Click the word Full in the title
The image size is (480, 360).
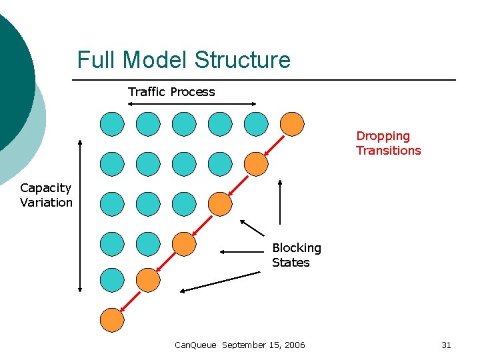(97, 60)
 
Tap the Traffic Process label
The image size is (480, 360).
(171, 92)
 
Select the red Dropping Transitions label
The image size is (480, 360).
(388, 143)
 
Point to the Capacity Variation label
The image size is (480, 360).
(46, 195)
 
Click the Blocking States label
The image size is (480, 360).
(296, 255)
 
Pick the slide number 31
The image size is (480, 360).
(446, 345)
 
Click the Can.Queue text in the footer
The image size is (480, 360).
(195, 345)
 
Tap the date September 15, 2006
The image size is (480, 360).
(263, 345)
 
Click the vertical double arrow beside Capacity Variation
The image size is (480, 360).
(80, 215)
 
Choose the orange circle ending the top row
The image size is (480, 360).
(292, 124)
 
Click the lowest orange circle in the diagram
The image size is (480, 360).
(112, 320)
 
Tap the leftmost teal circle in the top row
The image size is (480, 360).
(112, 124)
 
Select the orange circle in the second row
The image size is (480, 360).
(256, 163)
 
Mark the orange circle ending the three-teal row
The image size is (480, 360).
(220, 203)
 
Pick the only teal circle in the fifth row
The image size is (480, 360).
(112, 279)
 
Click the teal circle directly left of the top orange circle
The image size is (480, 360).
(256, 124)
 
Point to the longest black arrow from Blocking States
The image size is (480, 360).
(220, 281)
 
